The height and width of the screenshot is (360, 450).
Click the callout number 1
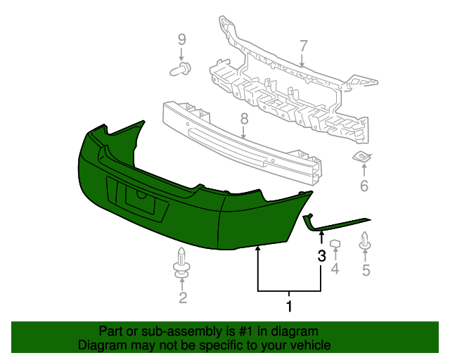pyautogui.click(x=288, y=306)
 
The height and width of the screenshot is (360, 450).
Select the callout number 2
pyautogui.click(x=183, y=298)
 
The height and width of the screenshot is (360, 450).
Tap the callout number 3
pyautogui.click(x=321, y=256)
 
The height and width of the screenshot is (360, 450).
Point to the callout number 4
pyautogui.click(x=335, y=269)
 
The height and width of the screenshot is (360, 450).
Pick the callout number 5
pyautogui.click(x=365, y=269)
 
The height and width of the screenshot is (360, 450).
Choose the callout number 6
pyautogui.click(x=364, y=186)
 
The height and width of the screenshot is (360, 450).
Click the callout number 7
pyautogui.click(x=303, y=46)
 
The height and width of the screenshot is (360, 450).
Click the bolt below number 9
pyautogui.click(x=181, y=69)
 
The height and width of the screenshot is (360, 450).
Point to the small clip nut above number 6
pyautogui.click(x=363, y=158)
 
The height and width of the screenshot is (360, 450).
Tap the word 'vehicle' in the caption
pyautogui.click(x=310, y=345)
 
